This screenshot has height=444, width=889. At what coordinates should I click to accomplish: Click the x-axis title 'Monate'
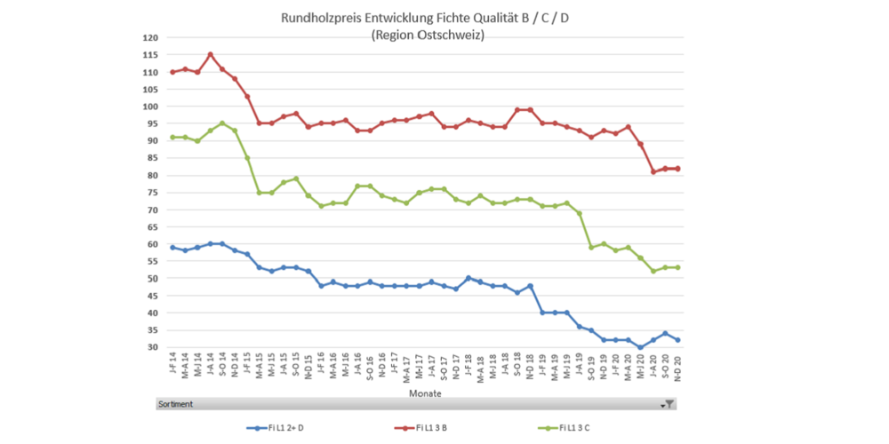[425, 392]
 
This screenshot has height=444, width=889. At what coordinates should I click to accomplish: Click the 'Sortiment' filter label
[175, 404]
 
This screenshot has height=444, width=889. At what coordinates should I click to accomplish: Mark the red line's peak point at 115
[210, 54]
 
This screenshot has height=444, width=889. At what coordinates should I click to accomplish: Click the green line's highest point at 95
[222, 123]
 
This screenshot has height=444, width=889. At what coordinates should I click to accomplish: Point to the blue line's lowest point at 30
[640, 347]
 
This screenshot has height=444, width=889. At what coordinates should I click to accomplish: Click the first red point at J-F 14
[172, 72]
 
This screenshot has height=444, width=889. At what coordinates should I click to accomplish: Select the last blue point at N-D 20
[677, 340]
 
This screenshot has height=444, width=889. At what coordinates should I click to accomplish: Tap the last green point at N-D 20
[677, 267]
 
